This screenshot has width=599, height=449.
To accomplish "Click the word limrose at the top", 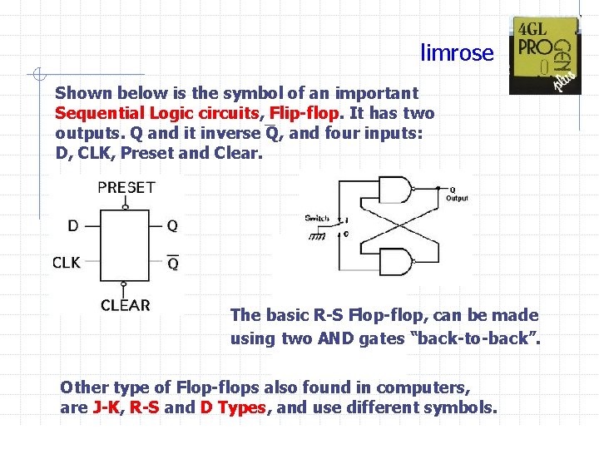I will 457,53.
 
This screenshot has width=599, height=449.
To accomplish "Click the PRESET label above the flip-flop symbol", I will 126,188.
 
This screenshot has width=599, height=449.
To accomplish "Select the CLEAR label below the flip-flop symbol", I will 126,305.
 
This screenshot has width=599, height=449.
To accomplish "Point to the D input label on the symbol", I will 73,225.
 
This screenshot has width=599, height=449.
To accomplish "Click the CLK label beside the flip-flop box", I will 67,263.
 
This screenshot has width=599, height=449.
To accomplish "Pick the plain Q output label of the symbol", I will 172,225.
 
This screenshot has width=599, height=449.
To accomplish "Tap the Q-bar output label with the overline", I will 172,263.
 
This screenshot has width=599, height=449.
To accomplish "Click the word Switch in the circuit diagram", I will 317,219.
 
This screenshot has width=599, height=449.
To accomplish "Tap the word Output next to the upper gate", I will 457,198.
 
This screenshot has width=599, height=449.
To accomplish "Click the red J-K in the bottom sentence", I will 106,408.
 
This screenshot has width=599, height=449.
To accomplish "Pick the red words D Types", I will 233,408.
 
